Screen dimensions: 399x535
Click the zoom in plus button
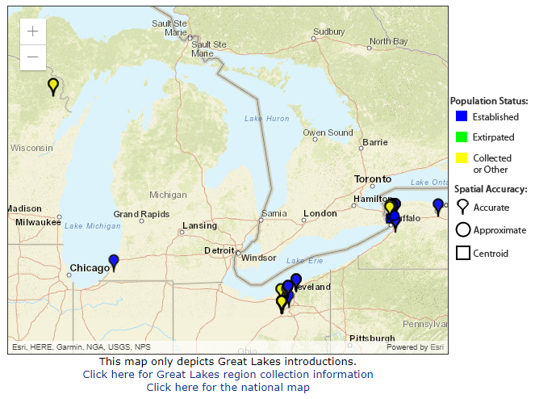(32, 31)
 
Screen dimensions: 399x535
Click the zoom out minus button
(32, 57)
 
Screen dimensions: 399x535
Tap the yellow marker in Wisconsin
(53, 86)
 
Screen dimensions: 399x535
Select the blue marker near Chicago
(114, 262)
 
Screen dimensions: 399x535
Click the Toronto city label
(372, 179)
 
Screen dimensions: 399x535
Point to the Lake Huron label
(266, 119)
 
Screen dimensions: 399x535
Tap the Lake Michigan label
(92, 225)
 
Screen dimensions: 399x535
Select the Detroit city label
(219, 250)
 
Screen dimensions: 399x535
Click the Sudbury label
(328, 31)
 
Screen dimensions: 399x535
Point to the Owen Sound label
(328, 132)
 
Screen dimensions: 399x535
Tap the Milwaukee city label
(39, 221)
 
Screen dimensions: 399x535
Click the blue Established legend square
(462, 117)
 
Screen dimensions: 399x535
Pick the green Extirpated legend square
(462, 137)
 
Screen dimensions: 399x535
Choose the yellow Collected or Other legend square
(462, 158)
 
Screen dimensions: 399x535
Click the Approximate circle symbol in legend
(463, 230)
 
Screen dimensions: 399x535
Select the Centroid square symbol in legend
(463, 253)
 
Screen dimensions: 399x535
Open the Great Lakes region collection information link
(228, 374)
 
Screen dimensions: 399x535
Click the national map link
(228, 387)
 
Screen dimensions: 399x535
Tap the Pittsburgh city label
(372, 338)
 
